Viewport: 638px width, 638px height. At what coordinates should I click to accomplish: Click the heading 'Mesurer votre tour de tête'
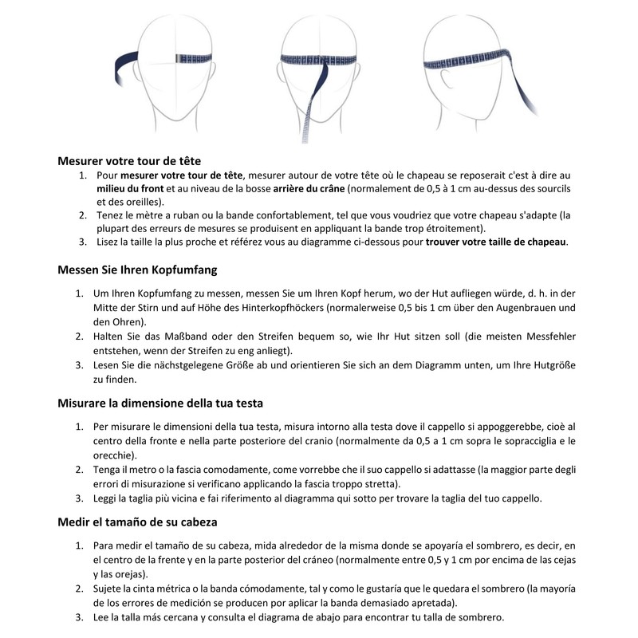(x=129, y=159)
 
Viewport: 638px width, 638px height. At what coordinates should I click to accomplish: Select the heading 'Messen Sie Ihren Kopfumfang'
(x=137, y=270)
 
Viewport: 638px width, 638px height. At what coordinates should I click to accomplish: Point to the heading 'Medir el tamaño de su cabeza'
(x=138, y=522)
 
